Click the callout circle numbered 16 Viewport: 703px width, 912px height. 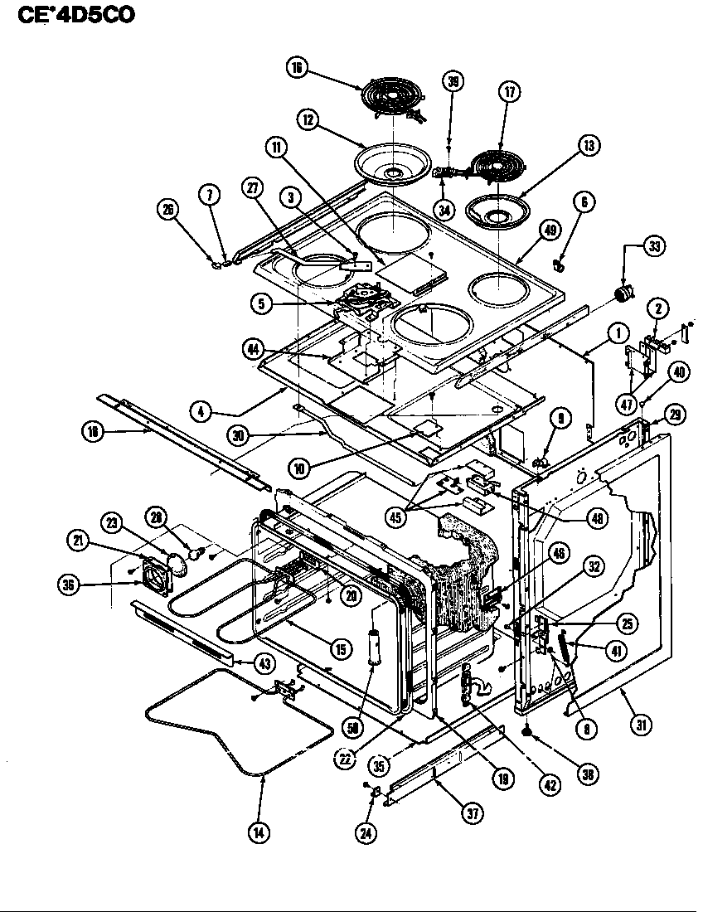(x=296, y=69)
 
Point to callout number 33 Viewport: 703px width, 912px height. (x=655, y=247)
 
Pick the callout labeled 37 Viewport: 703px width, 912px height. (x=473, y=813)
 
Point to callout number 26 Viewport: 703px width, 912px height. (x=169, y=210)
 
